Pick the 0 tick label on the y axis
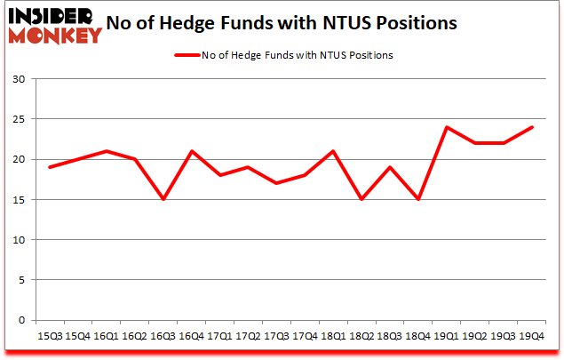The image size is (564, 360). pyautogui.click(x=21, y=320)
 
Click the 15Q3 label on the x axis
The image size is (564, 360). pyautogui.click(x=49, y=336)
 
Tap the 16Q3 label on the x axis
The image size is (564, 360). pyautogui.click(x=163, y=336)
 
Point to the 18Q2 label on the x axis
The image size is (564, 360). pyautogui.click(x=361, y=336)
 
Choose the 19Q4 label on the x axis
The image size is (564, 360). pyautogui.click(x=531, y=336)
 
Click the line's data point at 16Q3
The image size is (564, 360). pyautogui.click(x=163, y=200)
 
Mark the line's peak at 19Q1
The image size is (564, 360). pyautogui.click(x=446, y=127)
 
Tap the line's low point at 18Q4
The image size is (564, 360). pyautogui.click(x=417, y=200)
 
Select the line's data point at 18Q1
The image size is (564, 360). pyautogui.click(x=332, y=151)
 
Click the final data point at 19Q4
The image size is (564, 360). pyautogui.click(x=531, y=127)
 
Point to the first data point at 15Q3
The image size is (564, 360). pyautogui.click(x=49, y=167)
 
